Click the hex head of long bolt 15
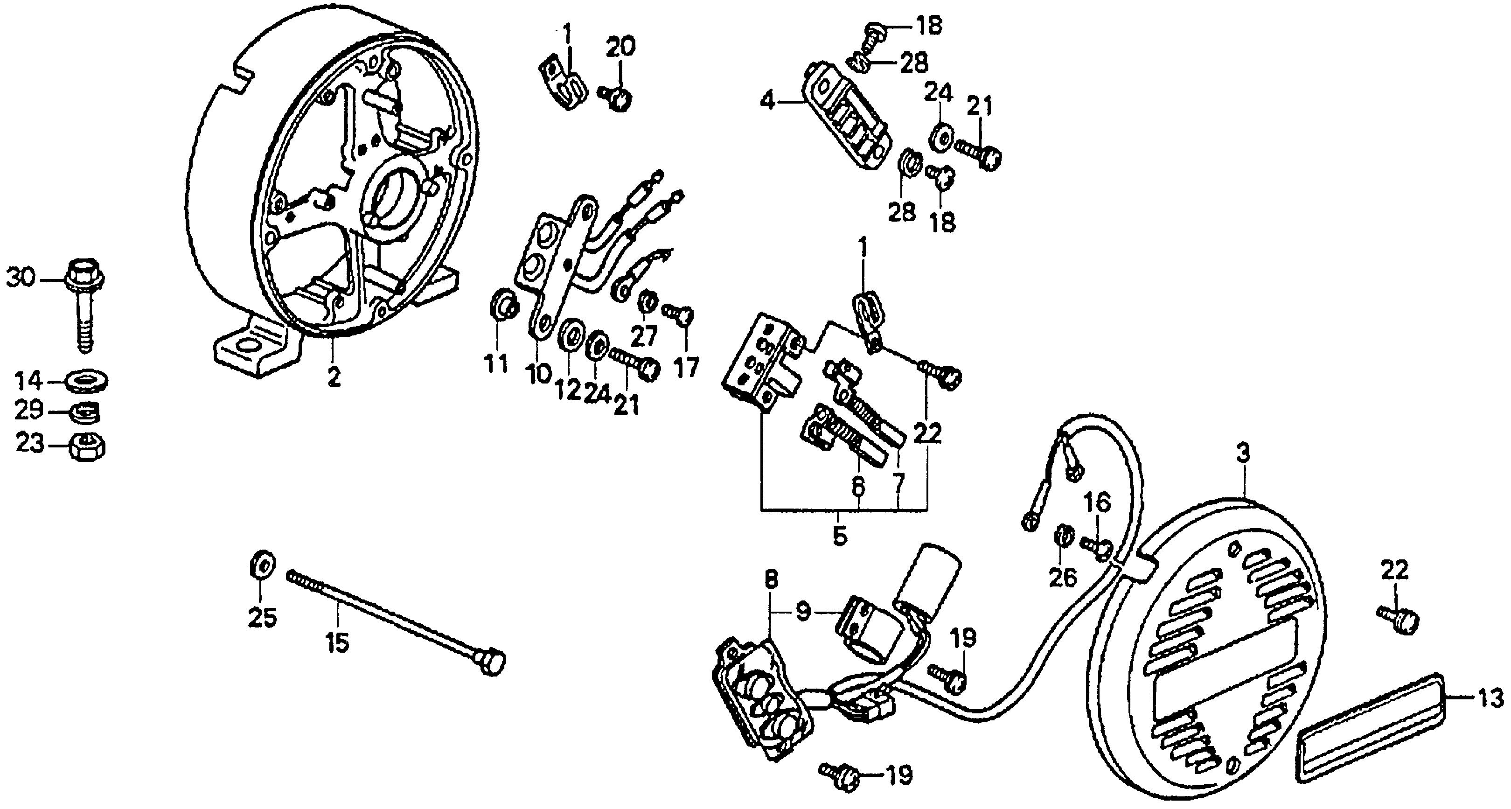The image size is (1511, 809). tap(492, 663)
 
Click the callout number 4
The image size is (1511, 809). tap(767, 102)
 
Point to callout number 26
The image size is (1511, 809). tap(1062, 579)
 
